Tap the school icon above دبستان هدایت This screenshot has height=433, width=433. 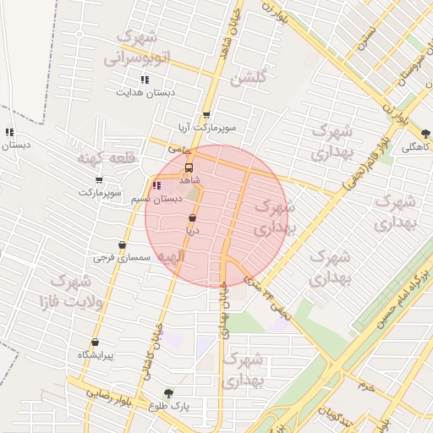[x=145, y=80]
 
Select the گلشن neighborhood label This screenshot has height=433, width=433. [x=247, y=79]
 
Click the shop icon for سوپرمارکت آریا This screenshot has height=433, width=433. [x=206, y=116]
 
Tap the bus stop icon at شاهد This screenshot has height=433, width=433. [x=189, y=167]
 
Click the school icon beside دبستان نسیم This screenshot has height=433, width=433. [x=156, y=186]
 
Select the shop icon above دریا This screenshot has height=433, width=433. [x=193, y=217]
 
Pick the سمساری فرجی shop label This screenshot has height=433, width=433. [x=122, y=256]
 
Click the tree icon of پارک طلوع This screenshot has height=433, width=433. [x=168, y=393]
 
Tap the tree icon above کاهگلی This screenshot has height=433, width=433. [x=425, y=133]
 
